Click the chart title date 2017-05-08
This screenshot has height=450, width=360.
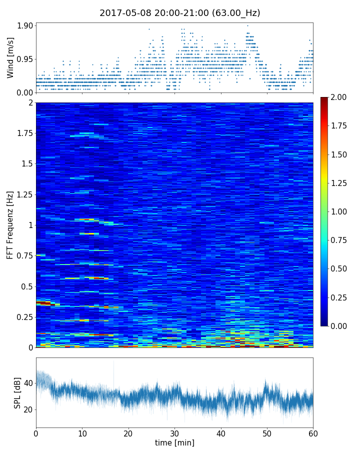coord(123,13)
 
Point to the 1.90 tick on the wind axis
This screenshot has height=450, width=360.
coord(25,25)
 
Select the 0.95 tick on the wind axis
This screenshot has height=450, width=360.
coord(25,59)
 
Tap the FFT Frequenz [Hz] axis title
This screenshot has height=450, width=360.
coord(10,224)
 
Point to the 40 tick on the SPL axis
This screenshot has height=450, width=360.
coord(28,383)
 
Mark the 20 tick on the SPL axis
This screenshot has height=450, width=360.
coord(28,409)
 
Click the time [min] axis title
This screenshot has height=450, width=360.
coord(174,442)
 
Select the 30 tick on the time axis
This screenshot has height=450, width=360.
coord(174,432)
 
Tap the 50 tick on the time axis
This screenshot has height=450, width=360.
coord(267,432)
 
